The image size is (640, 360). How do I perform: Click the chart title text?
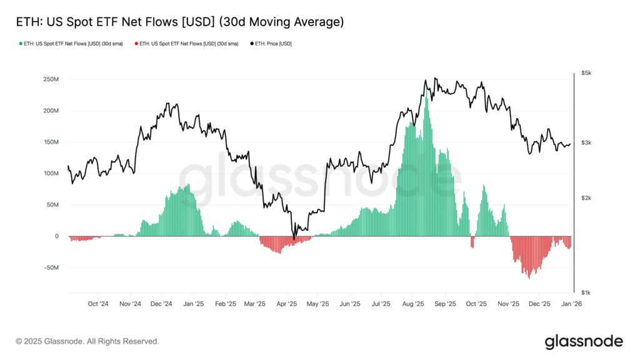coord(179,22)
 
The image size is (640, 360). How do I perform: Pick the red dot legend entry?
coord(186,44)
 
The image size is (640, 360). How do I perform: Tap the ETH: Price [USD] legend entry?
coord(271,44)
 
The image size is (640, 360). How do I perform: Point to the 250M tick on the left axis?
coord(50,79)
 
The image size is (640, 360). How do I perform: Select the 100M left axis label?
coord(50,173)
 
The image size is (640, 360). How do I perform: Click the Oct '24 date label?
coord(97,304)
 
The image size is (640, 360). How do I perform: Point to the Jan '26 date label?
coord(572,304)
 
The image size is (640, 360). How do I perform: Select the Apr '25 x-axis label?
coord(287,304)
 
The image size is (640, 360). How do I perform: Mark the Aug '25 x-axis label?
coord(413,304)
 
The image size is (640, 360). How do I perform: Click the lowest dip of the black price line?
coord(294,239)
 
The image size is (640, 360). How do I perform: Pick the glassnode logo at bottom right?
coord(583,341)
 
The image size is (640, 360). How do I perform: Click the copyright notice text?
coord(87,341)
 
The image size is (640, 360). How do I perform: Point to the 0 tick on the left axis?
coord(56,236)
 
